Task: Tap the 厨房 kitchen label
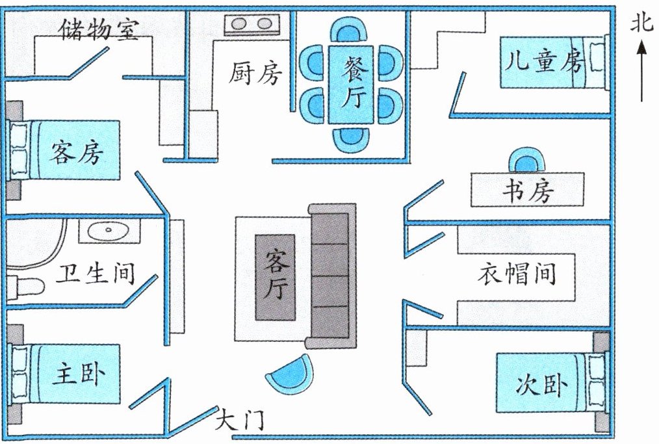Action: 255,73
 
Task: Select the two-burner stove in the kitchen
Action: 252,25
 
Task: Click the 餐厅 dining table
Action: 351,84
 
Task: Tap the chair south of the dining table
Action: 352,139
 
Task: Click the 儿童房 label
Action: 544,61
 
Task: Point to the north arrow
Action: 641,71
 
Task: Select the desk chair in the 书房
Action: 527,160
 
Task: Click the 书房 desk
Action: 527,190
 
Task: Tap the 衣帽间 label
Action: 517,274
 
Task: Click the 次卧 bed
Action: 552,383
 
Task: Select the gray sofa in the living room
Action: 331,276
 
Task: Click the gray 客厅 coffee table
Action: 276,277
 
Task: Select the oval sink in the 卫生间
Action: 109,230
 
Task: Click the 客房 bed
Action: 64,151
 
